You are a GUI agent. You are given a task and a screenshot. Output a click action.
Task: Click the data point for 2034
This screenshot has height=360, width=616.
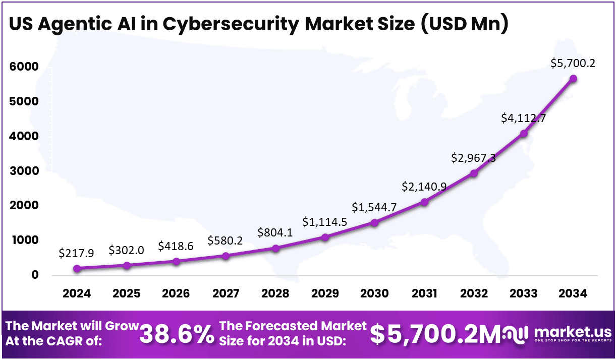coord(573,79)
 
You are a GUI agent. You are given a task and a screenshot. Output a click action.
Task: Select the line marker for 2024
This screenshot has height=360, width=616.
coord(77,269)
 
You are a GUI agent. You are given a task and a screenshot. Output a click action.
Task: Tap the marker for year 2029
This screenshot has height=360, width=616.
coord(325,237)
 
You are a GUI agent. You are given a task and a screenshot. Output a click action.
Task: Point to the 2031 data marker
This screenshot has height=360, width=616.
coord(424,202)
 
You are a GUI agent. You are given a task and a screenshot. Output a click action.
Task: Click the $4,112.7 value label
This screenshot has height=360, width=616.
coord(523,118)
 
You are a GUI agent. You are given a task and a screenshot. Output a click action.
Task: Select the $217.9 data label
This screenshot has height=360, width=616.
coord(76,253)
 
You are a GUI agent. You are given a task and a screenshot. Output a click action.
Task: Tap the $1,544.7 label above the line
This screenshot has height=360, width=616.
coord(374,207)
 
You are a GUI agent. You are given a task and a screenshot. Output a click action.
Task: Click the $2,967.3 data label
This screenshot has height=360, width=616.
coord(474,158)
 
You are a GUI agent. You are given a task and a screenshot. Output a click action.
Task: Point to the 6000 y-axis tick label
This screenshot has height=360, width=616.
coord(25,67)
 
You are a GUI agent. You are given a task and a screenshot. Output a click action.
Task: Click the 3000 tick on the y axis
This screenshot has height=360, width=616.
coord(25,171)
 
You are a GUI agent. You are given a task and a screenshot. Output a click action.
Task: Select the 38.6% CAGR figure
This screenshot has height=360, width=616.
coord(177,334)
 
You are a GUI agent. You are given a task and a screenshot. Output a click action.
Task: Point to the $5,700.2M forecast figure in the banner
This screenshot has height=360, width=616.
coord(434,334)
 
